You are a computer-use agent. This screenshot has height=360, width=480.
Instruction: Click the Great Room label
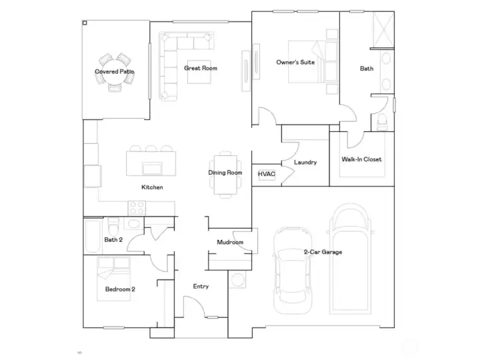pyautogui.click(x=201, y=68)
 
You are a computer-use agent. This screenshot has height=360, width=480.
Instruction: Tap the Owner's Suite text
pyautogui.click(x=295, y=62)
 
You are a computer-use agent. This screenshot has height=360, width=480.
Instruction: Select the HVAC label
pyautogui.click(x=266, y=174)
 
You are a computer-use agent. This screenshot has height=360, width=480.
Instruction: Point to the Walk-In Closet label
pyautogui.click(x=361, y=159)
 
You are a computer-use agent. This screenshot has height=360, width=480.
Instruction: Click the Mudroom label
pyautogui.click(x=230, y=242)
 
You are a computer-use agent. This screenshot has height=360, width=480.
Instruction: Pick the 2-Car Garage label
pyautogui.click(x=323, y=252)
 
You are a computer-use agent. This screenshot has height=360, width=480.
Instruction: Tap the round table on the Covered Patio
pyautogui.click(x=114, y=72)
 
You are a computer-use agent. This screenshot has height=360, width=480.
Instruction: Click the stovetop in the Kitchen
pyautogui.click(x=137, y=208)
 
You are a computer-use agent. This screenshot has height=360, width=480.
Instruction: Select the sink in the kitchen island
pyautogui.click(x=152, y=169)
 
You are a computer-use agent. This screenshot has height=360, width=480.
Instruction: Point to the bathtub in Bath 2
pyautogui.click(x=93, y=235)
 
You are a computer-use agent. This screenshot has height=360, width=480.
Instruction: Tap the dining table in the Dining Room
pyautogui.click(x=225, y=175)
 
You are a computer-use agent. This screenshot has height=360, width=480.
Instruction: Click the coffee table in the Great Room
pyautogui.click(x=199, y=72)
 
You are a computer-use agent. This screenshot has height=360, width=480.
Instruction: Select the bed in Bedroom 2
pyautogui.click(x=113, y=279)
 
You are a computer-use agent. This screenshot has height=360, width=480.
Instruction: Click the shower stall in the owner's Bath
pyautogui.click(x=383, y=30)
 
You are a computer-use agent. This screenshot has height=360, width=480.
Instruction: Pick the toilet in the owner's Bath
pyautogui.click(x=383, y=121)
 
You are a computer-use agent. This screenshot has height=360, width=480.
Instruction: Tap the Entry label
pyautogui.click(x=201, y=286)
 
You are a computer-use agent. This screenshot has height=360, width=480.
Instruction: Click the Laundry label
pyautogui.click(x=305, y=162)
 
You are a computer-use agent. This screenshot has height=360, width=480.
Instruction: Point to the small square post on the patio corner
pyautogui.click(x=85, y=23)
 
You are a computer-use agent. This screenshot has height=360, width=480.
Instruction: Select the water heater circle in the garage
pyautogui.click(x=237, y=280)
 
